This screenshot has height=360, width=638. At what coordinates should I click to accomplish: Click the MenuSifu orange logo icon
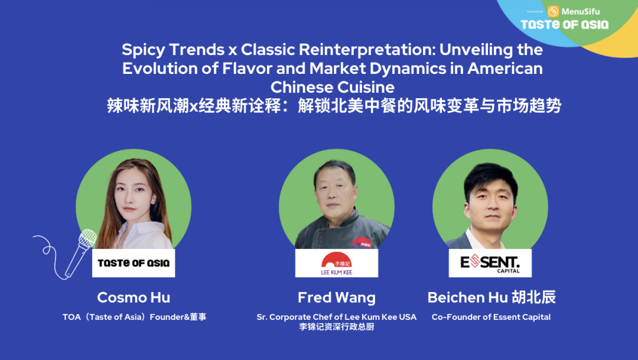(553, 11)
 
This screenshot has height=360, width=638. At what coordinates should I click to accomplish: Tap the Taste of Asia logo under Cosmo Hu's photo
(134, 263)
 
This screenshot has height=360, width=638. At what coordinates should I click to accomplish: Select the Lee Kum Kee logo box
(337, 263)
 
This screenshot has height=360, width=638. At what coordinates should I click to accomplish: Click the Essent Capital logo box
(490, 263)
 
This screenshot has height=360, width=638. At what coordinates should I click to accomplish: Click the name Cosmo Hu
(134, 297)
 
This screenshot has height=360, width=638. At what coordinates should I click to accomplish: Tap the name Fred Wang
(337, 298)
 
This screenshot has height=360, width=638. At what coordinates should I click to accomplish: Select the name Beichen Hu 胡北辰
(491, 297)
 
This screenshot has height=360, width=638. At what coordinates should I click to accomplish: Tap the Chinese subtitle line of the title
(334, 106)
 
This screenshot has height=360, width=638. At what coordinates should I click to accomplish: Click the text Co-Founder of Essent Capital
(491, 317)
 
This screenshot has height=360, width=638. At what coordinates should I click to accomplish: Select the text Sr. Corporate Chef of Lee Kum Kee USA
(337, 317)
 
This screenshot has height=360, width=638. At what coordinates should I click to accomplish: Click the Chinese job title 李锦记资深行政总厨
(337, 327)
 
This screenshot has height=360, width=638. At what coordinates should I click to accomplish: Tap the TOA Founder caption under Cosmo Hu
(134, 317)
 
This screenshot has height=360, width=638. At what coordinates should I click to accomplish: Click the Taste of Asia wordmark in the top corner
(565, 25)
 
